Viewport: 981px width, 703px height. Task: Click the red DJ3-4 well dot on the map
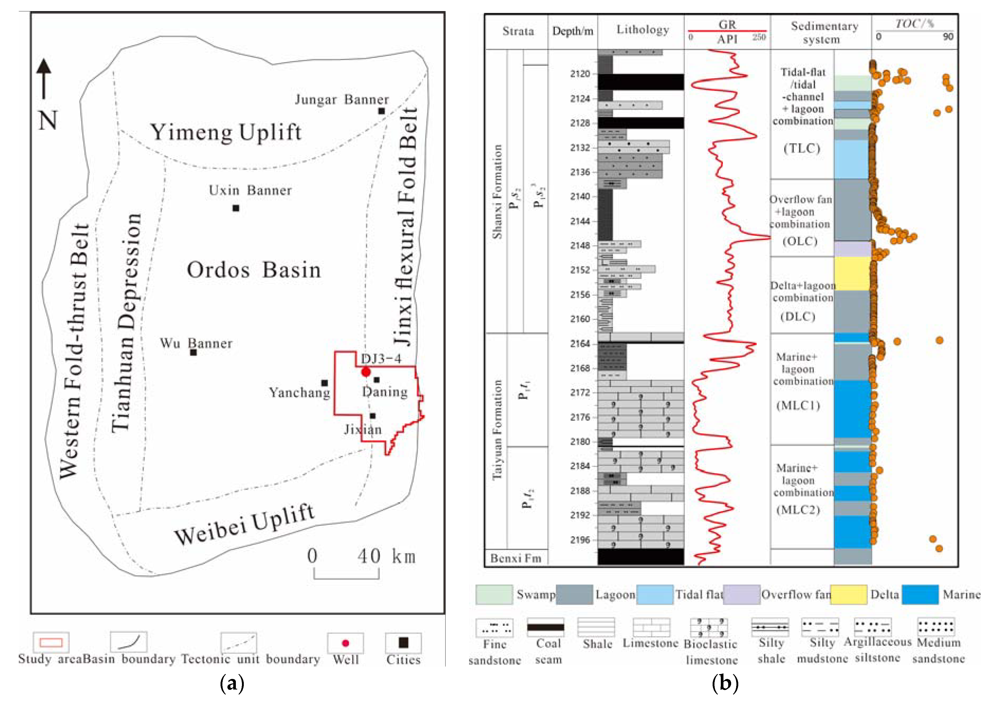(x=366, y=372)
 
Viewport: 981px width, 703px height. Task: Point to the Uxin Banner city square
(x=236, y=208)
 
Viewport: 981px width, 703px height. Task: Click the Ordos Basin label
(x=254, y=270)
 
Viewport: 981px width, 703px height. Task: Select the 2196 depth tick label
(x=580, y=540)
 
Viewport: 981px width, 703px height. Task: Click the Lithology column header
(x=642, y=30)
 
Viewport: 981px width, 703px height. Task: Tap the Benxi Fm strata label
(x=516, y=558)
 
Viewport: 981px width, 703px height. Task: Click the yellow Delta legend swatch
(x=848, y=595)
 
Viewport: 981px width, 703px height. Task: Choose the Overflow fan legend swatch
(x=741, y=595)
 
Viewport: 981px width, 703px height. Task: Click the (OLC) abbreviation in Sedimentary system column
(x=800, y=241)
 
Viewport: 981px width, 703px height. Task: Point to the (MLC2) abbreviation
(x=798, y=510)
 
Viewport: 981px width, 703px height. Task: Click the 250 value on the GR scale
(x=759, y=37)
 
